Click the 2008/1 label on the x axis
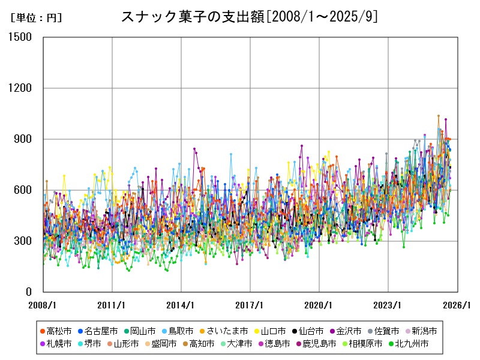pos(43,305)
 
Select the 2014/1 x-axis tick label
pos(181,305)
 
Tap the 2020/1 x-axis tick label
pos(319,305)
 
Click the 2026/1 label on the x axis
pos(457,305)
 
